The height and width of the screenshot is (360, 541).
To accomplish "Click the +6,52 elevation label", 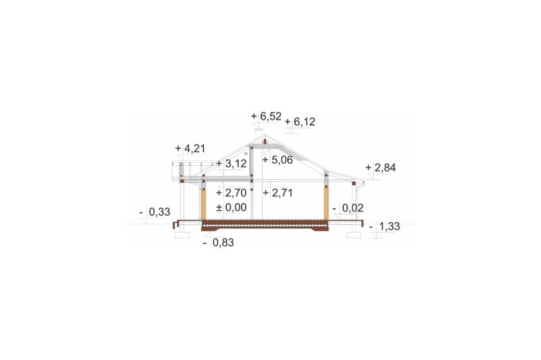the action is pos(266,116).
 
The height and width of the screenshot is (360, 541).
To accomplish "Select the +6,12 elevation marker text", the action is pos(300,122).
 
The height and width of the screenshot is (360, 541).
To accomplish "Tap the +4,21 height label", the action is pos(190,149).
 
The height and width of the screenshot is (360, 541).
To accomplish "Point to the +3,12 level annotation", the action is pos(232,163).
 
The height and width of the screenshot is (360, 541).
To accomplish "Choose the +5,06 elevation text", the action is pos(278,160).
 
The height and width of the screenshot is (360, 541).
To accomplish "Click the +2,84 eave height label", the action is pos(380,168).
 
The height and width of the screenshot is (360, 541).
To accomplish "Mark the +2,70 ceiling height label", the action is pos(232,193).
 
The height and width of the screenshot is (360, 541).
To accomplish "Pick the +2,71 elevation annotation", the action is pos(278,193).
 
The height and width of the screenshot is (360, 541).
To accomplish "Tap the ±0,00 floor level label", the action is pos(232,208).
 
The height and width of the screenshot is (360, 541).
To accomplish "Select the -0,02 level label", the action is pos(348,208).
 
